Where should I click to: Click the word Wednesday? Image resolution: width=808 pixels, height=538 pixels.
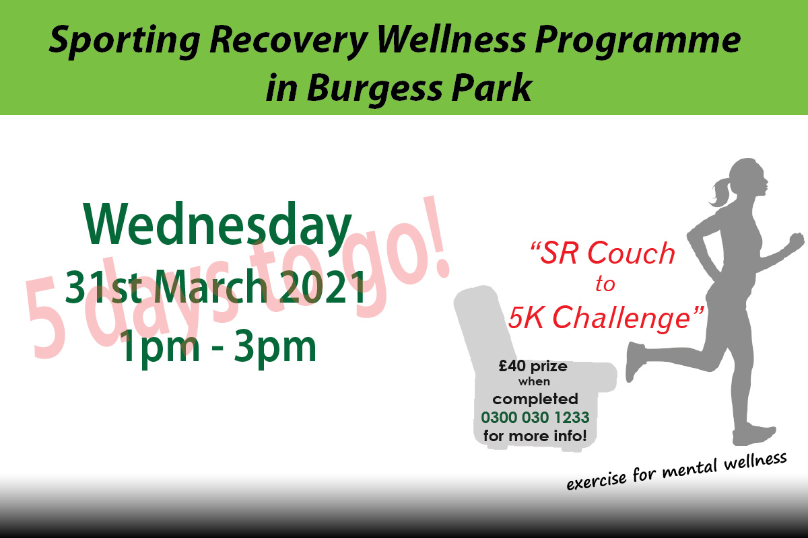(x=220, y=226)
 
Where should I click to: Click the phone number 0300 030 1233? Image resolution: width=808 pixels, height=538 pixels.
(x=535, y=417)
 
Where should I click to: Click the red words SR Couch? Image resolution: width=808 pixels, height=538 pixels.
(x=603, y=254)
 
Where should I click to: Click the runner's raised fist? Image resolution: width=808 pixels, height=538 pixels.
(x=796, y=240)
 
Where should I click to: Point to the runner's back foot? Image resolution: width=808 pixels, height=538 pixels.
(x=634, y=353)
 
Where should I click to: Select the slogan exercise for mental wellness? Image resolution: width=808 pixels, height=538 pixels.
(x=676, y=473)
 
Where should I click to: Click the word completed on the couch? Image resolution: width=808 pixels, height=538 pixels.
(x=535, y=399)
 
